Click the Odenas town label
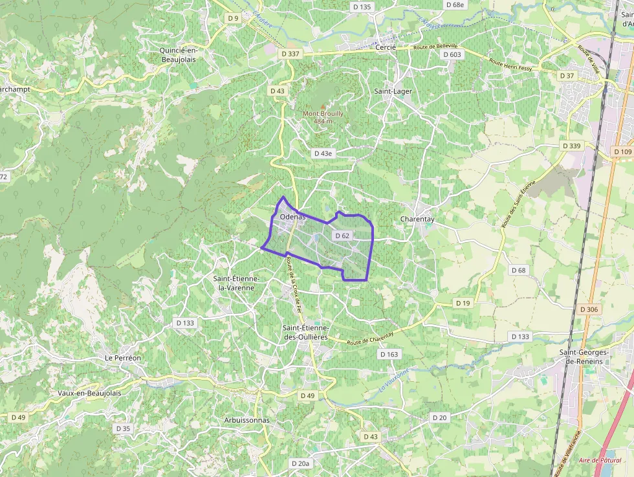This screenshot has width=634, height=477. (x=293, y=217)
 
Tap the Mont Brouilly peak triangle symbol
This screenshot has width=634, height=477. (x=323, y=105)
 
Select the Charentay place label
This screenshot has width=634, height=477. (x=417, y=219)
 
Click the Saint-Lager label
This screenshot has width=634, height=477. (x=393, y=91)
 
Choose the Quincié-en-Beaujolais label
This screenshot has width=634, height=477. (x=177, y=54)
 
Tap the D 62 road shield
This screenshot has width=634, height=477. (x=342, y=236)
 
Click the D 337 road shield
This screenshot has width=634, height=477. (x=290, y=54)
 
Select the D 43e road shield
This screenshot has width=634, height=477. (x=322, y=153)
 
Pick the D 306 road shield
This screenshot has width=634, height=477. (x=589, y=309)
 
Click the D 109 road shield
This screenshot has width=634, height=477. (x=622, y=151)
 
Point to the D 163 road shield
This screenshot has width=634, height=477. (x=389, y=354)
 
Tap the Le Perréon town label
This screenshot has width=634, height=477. (x=122, y=357)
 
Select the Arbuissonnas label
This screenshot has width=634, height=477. (x=246, y=420)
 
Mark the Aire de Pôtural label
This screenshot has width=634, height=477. (x=600, y=460)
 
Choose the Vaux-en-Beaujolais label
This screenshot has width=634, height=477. (x=89, y=393)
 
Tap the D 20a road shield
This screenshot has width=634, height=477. (x=301, y=463)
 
